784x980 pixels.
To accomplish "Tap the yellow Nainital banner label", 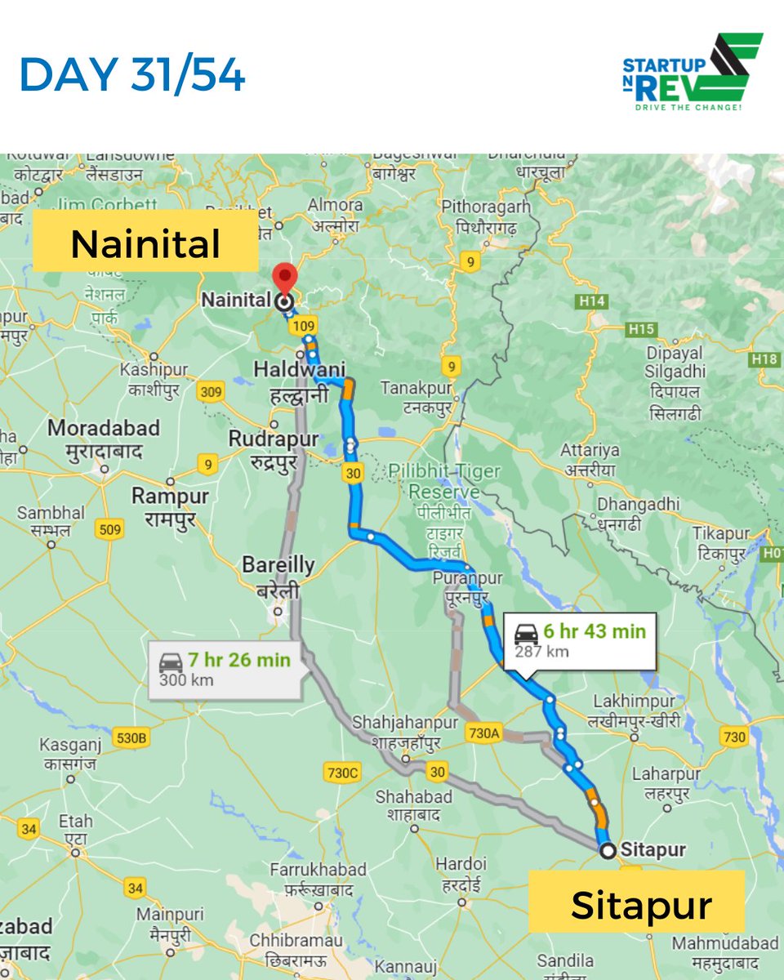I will coord(145,243).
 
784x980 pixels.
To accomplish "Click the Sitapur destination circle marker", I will coord(607,851).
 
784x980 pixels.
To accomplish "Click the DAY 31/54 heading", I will coord(132,75).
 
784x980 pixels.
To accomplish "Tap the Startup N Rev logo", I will coord(692,73).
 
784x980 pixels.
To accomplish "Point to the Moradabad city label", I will coord(104,428).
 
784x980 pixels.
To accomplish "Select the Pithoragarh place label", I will coord(485,207).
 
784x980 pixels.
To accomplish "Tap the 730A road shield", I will coord(483,734).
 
